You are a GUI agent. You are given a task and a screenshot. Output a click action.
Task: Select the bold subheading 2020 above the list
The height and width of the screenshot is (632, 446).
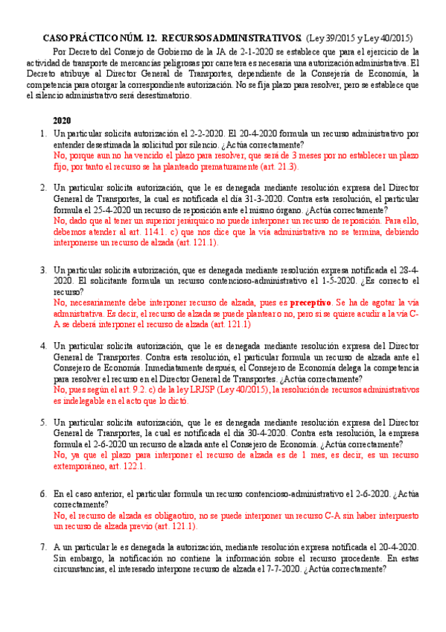(x=62, y=120)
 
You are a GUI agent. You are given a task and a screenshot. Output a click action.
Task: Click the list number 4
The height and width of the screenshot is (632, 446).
(x=43, y=347)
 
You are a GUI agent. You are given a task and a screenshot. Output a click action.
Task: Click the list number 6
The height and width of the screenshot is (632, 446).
(x=43, y=493)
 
